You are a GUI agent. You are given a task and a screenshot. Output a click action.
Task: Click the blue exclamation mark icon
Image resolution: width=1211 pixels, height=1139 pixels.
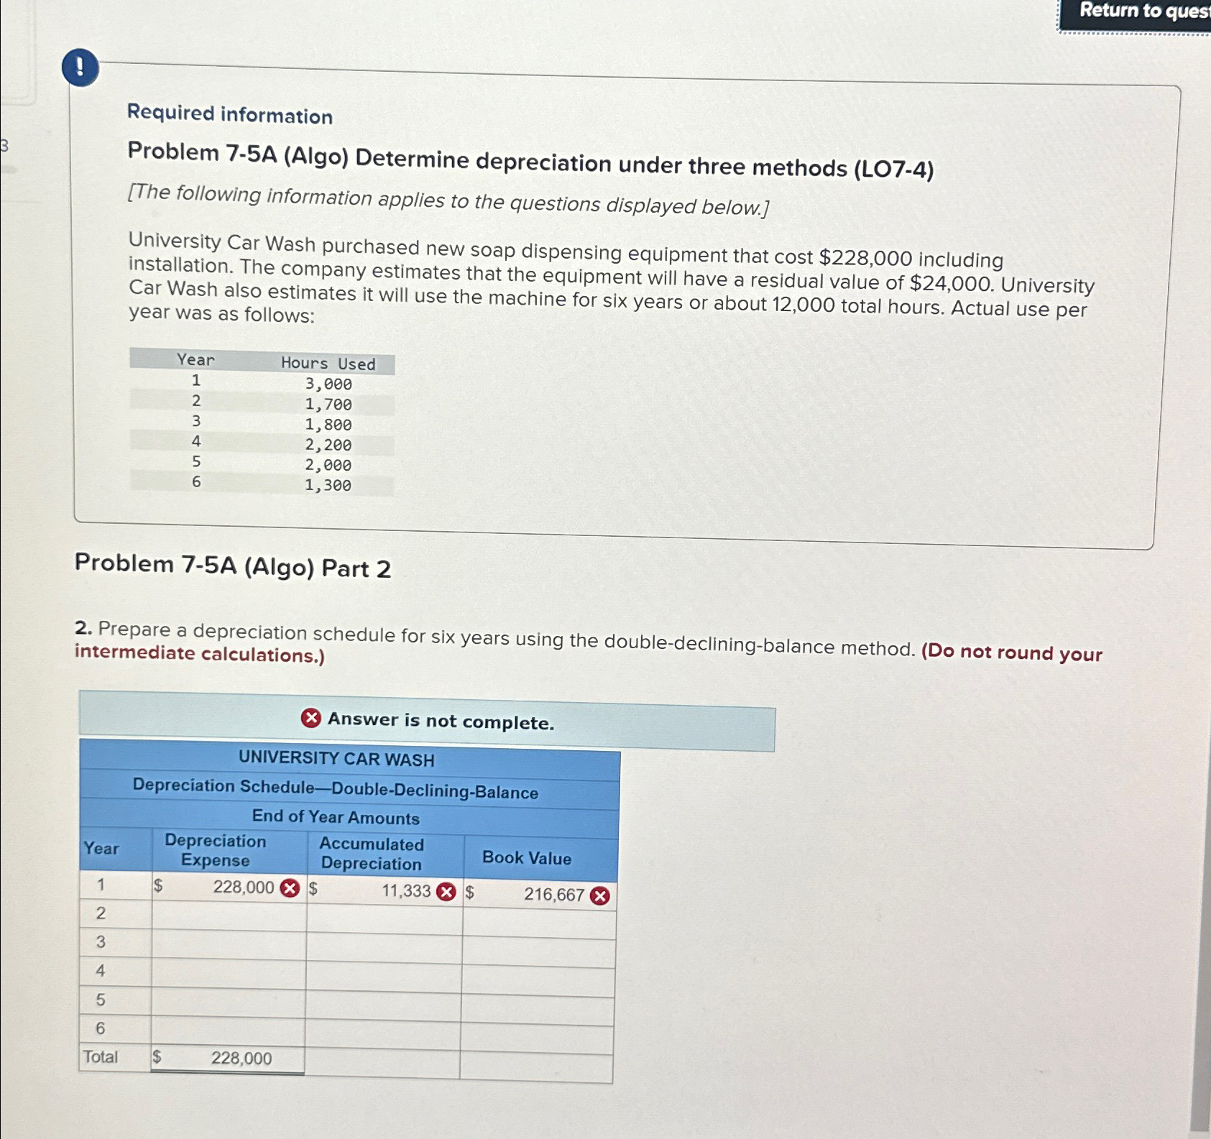[80, 68]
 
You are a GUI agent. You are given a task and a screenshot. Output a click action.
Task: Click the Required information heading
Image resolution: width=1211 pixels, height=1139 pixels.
[230, 114]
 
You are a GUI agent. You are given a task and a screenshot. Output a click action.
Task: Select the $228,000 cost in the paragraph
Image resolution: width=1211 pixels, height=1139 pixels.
[865, 258]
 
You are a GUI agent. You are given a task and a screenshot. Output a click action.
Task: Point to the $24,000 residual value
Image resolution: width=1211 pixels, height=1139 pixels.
[952, 283]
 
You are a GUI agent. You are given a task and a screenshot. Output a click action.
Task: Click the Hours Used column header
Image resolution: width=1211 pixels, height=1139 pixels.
[328, 364]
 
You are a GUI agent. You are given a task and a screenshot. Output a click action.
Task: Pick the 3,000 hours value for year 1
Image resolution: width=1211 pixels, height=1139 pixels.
[328, 384]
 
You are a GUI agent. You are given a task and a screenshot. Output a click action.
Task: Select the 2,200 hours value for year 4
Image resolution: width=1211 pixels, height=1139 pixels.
[328, 446]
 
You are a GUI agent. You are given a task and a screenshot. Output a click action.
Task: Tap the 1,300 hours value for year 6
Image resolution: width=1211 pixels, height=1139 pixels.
[328, 486]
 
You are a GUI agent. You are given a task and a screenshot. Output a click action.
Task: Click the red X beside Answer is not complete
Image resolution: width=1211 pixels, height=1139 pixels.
[311, 718]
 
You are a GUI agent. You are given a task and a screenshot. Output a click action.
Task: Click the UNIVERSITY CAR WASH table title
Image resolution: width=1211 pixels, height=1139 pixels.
[336, 759]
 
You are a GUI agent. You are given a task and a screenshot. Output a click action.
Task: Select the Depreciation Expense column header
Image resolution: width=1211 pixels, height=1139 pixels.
[216, 851]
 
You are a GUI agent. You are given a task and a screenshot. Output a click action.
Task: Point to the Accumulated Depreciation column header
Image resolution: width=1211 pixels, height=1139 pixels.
[372, 854]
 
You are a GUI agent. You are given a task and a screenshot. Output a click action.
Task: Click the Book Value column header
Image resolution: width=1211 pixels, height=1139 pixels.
[527, 858]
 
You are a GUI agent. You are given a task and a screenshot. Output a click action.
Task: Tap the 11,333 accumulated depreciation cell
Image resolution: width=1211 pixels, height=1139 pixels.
[405, 891]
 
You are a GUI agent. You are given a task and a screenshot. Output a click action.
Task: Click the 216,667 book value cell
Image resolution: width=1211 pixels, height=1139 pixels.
[553, 895]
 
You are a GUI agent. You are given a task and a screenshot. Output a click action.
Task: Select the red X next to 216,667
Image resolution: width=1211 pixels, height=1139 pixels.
[600, 895]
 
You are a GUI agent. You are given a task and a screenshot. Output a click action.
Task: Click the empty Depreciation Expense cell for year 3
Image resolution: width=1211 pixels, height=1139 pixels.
[229, 944]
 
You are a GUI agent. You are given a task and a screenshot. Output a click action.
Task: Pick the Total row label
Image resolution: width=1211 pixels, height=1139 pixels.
[101, 1057]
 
